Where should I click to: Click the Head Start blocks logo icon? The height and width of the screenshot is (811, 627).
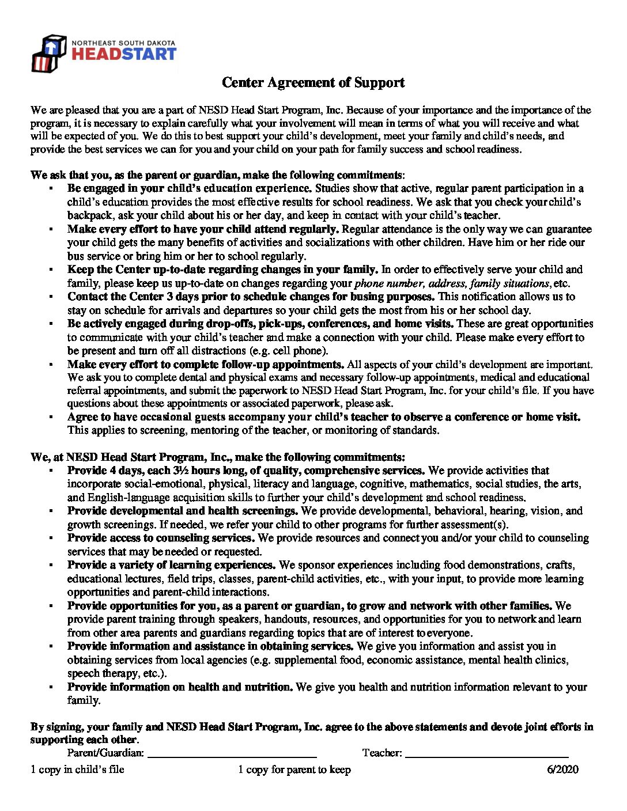pos(48,52)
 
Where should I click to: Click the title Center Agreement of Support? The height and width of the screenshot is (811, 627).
pos(313,82)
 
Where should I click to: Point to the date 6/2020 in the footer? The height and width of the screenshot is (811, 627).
pos(562,770)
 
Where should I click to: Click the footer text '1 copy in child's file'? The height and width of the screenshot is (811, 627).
pos(77,770)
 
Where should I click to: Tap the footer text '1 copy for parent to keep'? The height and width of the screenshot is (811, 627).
pos(294,770)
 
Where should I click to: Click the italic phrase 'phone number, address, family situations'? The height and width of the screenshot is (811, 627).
pos(452,283)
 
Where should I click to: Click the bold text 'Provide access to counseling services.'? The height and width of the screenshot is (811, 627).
pos(161,538)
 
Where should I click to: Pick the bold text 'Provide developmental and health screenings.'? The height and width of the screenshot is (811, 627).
pos(183,511)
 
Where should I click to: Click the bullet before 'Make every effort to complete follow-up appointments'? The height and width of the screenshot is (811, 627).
pos(51,365)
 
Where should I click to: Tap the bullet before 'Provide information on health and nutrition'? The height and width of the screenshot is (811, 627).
pos(51,688)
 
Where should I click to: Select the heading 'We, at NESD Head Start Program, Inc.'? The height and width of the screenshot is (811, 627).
pos(217,457)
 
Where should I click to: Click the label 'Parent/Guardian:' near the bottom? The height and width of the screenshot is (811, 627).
pos(105,753)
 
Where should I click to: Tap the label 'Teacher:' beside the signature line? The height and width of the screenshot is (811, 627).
pos(382,753)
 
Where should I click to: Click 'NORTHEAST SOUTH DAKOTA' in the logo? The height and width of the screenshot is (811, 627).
pos(123,43)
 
